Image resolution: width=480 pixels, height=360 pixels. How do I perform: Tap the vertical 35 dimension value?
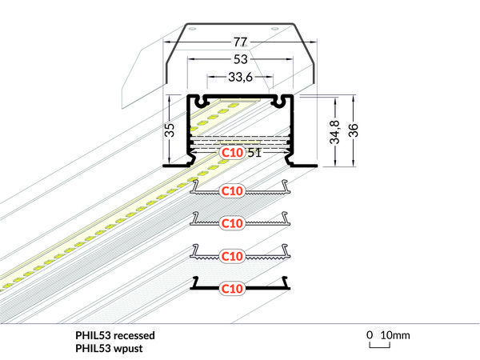[170, 130]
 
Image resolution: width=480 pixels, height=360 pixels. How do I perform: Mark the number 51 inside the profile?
[255, 152]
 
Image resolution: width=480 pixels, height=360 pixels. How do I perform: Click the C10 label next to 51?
[232, 152]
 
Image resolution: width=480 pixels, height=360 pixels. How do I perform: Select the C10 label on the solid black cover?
[232, 288]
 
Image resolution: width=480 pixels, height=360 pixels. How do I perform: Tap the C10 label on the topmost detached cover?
[232, 191]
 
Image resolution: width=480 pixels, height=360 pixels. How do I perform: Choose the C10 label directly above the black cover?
[232, 256]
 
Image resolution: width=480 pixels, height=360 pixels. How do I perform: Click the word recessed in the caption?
[134, 335]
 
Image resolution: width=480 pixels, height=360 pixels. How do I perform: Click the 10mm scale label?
[395, 334]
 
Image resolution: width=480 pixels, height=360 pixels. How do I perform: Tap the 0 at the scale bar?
[370, 334]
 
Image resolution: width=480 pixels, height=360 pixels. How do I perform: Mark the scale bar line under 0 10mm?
[379, 347]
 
